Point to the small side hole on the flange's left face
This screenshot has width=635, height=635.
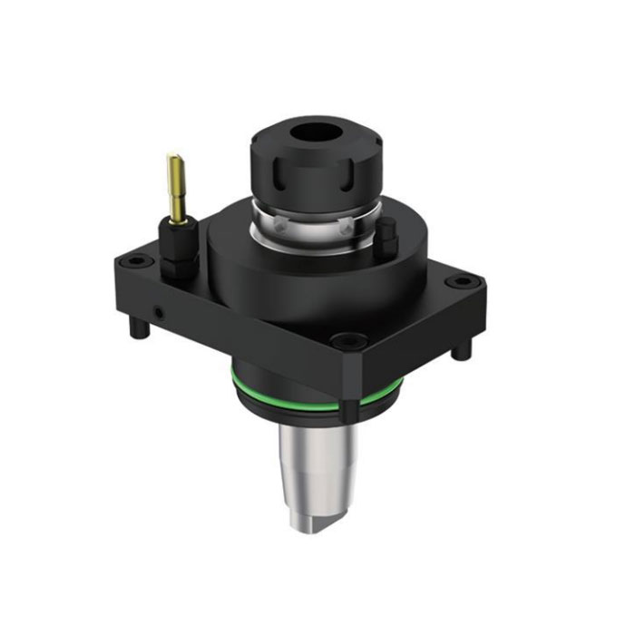coord(160,311)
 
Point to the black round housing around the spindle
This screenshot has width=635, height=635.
coord(272,272)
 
